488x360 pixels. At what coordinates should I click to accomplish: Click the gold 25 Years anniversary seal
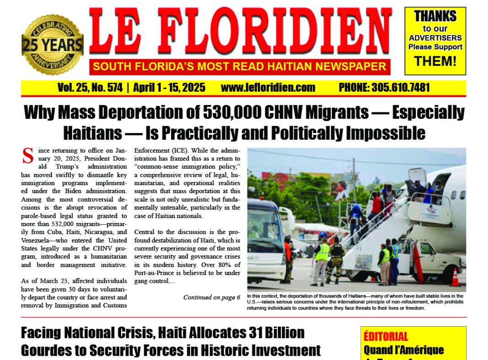click(x=52, y=45)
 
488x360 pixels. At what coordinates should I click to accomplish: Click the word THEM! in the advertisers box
click(x=435, y=61)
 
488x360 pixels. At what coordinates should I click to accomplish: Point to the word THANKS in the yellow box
click(x=435, y=16)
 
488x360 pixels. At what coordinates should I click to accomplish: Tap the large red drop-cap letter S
click(x=28, y=155)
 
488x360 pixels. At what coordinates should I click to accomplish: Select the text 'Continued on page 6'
click(x=212, y=297)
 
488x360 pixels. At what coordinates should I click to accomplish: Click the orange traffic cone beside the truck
click(x=455, y=278)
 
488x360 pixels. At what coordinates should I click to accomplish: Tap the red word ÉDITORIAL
click(x=386, y=337)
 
